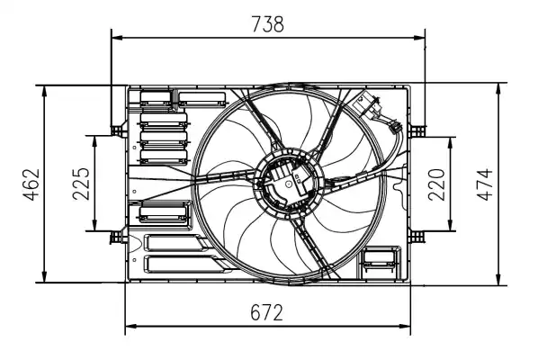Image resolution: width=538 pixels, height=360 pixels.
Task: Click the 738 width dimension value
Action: pos(267,24)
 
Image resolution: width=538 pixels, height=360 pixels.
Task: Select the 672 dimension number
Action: pos(267,312)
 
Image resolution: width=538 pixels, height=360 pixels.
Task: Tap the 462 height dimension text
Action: pos(31,184)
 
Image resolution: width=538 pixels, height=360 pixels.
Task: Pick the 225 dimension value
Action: pos(80,184)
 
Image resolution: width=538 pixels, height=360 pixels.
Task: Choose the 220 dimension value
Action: pos(438,184)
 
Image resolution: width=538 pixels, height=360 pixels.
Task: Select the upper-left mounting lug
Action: pos(116,129)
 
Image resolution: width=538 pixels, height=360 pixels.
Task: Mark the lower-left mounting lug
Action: pos(116,238)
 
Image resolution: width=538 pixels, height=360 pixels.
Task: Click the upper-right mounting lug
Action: pos(417,129)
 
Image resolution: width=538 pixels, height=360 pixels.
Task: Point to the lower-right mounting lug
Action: pos(417,236)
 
